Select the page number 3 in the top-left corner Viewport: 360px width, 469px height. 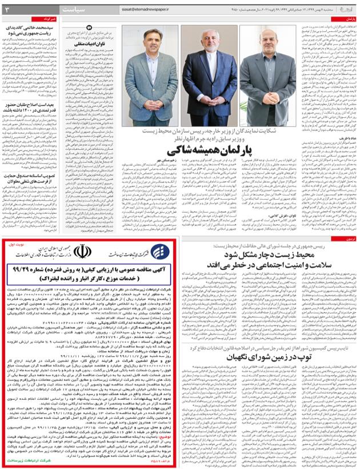(x=7, y=10)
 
